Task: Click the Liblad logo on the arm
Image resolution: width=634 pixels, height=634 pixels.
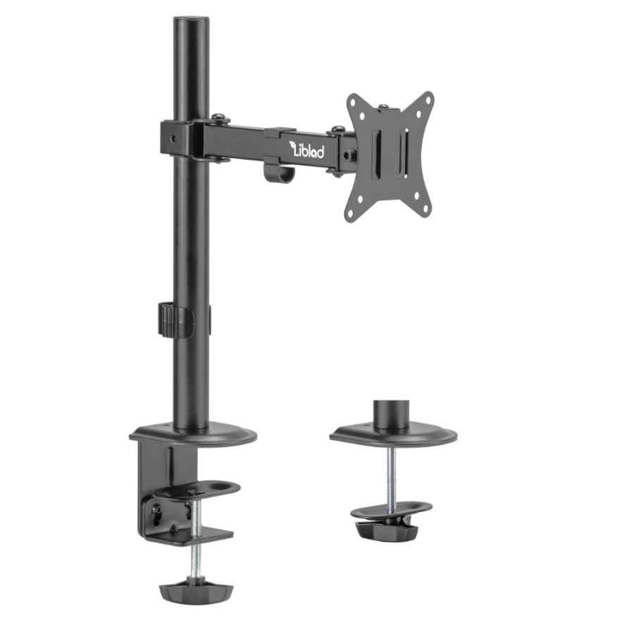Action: [x=308, y=149]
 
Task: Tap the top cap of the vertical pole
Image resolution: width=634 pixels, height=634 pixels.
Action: [x=192, y=20]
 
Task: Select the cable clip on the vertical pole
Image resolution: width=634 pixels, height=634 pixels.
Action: [x=176, y=319]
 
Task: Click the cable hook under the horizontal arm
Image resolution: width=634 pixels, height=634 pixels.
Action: [x=278, y=172]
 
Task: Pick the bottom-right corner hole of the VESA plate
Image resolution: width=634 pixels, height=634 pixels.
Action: [x=425, y=209]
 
